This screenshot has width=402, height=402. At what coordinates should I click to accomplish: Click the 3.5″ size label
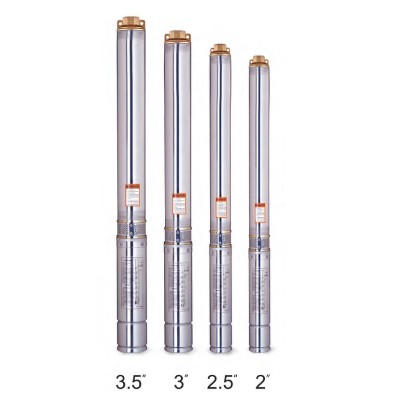132,381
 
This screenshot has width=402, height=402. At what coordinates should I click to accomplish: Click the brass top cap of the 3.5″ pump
132,24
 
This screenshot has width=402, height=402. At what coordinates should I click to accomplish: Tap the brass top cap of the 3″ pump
177,37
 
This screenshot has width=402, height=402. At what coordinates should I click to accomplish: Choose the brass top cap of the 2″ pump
260,60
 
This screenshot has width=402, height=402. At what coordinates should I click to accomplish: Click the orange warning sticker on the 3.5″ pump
132,196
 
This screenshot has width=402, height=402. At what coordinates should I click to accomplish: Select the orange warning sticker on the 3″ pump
178,203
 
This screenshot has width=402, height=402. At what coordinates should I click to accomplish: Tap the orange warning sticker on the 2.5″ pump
220,208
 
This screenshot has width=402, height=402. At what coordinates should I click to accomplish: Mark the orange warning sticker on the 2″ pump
260,213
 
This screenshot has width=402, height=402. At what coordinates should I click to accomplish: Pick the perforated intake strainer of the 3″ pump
178,236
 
